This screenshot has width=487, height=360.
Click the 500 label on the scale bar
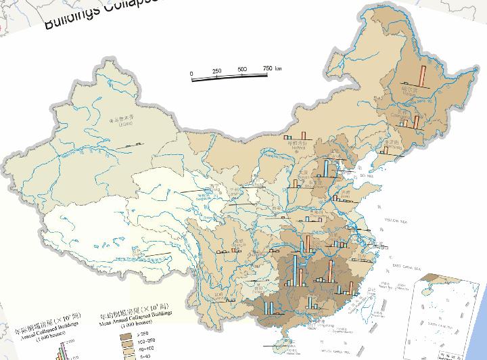(242, 70)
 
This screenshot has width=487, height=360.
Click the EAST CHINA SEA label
(406, 267)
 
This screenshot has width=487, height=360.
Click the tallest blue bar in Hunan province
(296, 269)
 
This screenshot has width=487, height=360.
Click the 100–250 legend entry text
(145, 342)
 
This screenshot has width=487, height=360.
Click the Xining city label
(216, 184)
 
